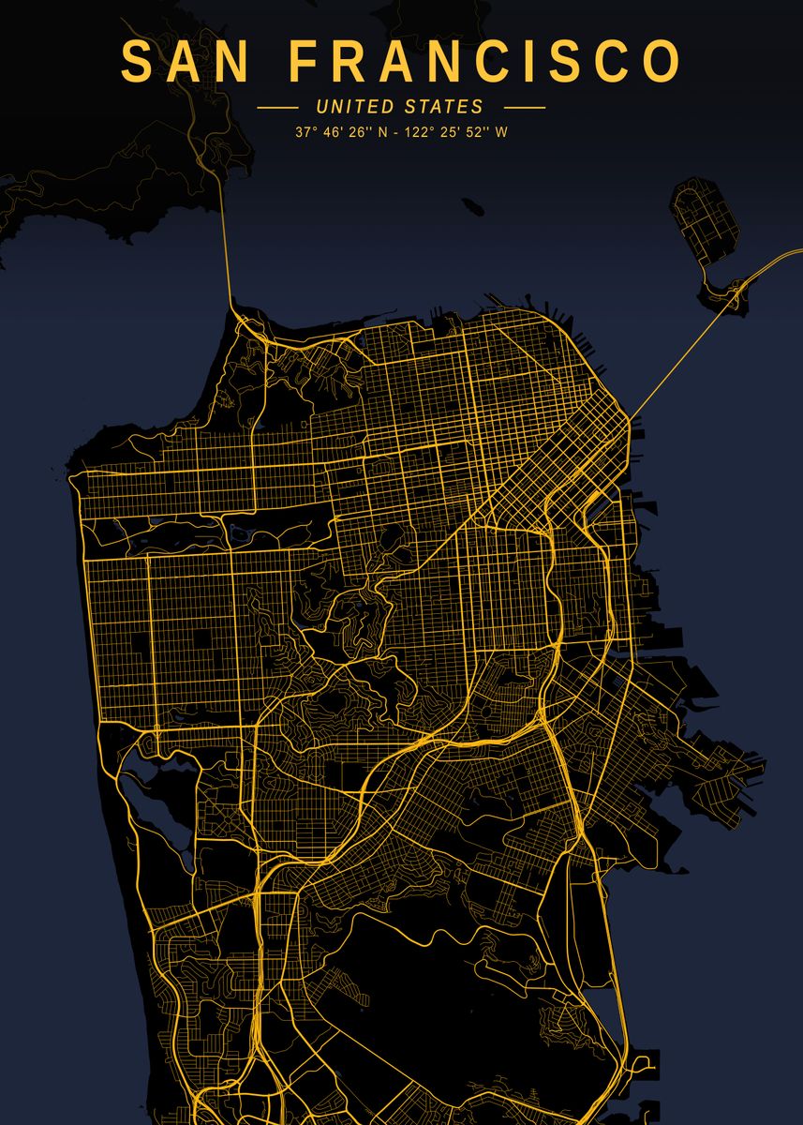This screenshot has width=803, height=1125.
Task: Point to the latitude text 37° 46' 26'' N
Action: [x=339, y=132]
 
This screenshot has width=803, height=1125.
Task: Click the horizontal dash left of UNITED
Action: [x=277, y=108]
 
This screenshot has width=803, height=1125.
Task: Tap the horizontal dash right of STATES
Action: [x=524, y=108]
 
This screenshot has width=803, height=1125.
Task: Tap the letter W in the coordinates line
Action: [x=501, y=132]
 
